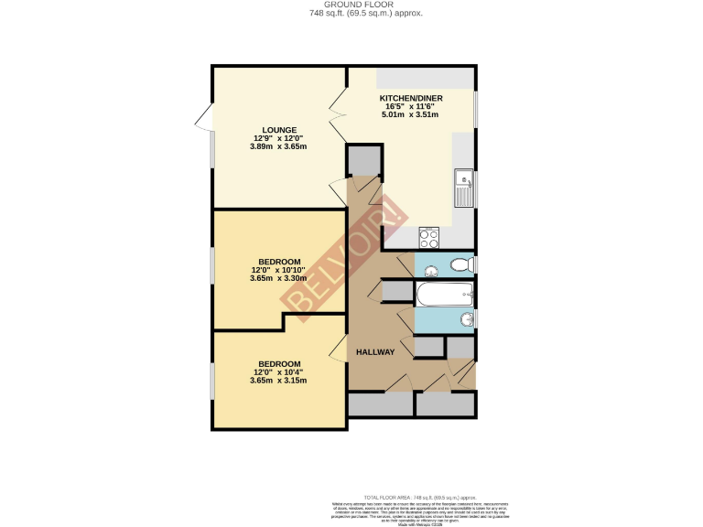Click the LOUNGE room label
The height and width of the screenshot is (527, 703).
point(279,129)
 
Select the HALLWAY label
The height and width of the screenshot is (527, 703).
point(375,352)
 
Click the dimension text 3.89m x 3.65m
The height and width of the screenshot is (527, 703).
point(279,146)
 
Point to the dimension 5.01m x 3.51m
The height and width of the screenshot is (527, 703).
point(411,114)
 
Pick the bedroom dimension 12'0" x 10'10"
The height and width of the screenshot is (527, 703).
point(279,270)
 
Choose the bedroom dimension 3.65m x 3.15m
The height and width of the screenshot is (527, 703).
point(279,381)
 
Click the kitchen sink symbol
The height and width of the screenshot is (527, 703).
point(464,188)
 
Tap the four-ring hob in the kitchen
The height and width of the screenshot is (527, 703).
point(429,238)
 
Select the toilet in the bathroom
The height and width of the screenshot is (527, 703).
point(462,264)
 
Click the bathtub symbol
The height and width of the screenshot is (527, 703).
point(444,294)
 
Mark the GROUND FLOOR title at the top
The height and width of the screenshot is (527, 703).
point(351,5)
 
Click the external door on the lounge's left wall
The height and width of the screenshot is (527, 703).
point(202,117)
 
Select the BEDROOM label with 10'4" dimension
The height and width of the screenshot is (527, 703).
point(279,363)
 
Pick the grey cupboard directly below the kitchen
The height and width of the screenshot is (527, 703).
point(362,160)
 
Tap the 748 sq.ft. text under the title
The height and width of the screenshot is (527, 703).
point(351,14)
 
